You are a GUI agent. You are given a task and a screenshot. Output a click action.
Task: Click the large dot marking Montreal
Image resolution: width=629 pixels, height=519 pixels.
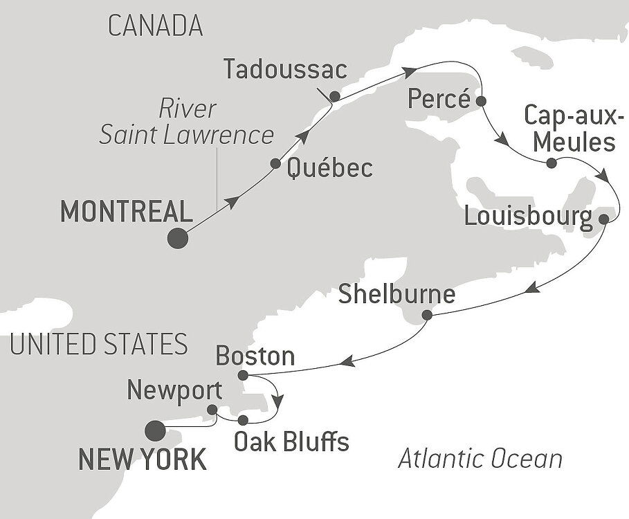(178, 238)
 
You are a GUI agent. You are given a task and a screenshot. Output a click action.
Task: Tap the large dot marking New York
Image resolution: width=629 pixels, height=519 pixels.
(156, 431)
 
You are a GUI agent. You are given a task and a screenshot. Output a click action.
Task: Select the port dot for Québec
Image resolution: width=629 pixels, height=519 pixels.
(275, 164)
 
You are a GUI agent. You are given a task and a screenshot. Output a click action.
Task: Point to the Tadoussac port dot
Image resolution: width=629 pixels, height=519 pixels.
(335, 96)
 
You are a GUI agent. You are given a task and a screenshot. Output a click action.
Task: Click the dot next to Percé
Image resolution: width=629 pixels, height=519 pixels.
(481, 100)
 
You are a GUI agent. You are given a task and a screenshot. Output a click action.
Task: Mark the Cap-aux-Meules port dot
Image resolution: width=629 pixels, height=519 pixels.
(551, 164)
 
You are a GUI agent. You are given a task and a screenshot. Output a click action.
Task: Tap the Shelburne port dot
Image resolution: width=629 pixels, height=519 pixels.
(427, 316)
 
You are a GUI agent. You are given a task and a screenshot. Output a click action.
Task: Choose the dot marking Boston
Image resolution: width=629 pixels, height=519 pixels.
(242, 376)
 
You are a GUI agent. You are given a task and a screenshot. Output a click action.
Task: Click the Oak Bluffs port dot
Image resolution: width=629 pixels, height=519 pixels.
(242, 420)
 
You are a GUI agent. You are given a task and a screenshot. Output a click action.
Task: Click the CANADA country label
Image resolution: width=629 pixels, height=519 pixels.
(156, 26)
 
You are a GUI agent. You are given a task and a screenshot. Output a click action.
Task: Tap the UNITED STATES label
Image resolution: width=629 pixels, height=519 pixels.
(99, 343)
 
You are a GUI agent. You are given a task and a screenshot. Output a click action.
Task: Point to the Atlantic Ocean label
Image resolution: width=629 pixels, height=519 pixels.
(480, 458)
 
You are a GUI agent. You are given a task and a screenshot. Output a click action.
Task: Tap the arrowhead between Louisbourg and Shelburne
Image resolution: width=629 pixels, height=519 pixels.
(533, 289)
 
